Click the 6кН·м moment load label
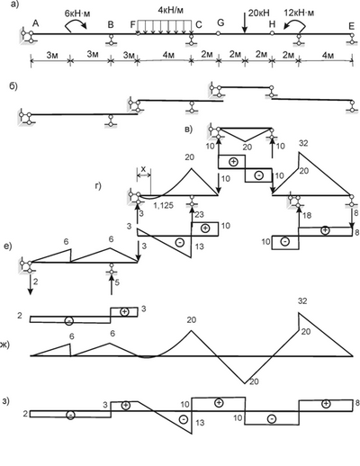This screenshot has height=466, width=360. click(77, 13)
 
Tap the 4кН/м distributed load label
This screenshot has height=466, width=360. click(170, 10)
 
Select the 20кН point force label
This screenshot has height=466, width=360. click(259, 13)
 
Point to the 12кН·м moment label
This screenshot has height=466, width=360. click(300, 13)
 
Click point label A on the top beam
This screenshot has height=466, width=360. click(36, 23)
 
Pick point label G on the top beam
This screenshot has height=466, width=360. click(220, 22)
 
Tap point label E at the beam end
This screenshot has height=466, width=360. click(352, 26)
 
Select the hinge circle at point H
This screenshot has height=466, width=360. click(272, 33)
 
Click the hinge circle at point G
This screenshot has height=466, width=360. click(218, 33)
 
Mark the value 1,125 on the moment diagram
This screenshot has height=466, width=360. click(164, 206)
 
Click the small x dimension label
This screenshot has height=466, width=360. click(143, 170)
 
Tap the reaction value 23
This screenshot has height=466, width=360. click(199, 214)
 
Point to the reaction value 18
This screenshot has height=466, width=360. click(307, 215)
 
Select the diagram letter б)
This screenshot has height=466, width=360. click(13, 86)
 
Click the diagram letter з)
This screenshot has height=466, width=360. click(5, 401)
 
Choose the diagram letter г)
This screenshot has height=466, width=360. click(98, 186)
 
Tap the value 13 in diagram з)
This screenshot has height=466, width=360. click(200, 423)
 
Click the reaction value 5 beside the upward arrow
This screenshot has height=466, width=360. click(117, 282)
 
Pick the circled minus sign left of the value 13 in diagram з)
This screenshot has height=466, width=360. click(184, 419)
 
